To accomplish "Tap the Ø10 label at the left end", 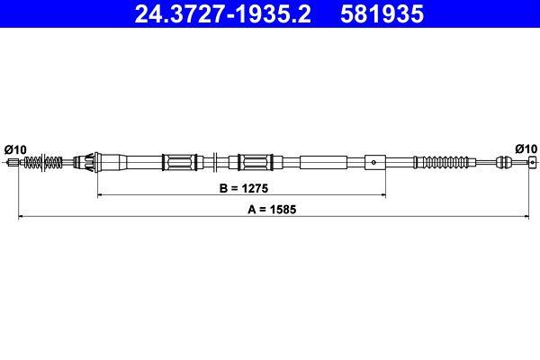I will coord(15,148).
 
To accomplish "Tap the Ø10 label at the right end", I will coord(525,148).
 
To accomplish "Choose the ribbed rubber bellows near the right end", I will coord(440,163).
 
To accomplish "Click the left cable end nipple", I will coord(12,163).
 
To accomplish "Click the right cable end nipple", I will coord(529,163).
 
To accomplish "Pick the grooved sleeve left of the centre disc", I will coord(179,163).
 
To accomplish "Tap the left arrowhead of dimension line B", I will coord(100,194).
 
